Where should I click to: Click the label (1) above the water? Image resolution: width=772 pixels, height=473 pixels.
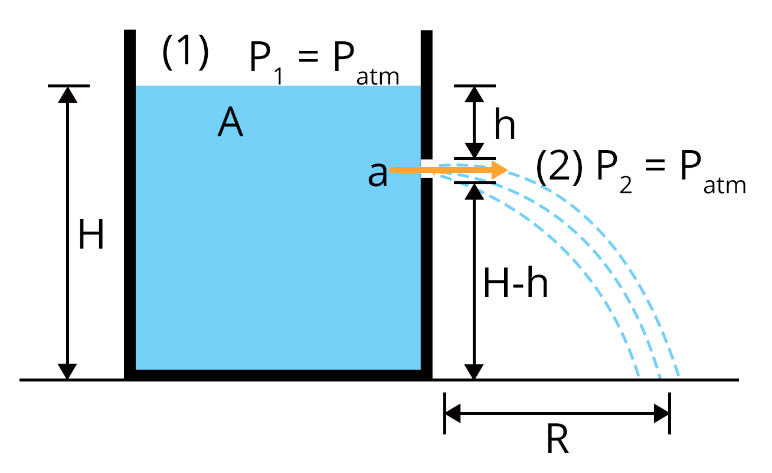pos(185,53)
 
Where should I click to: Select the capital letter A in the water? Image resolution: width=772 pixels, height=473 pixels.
pos(230,124)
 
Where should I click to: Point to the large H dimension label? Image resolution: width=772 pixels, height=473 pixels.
pos(91,235)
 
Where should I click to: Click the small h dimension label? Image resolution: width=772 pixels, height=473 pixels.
pos(504,125)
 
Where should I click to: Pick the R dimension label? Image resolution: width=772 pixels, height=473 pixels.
pos(557,441)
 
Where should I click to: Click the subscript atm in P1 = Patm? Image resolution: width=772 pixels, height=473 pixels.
pos(378,77)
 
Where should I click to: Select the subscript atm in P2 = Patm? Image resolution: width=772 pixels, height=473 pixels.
pos(725,187)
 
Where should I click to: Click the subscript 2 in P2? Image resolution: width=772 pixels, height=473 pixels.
pos(627,186)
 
